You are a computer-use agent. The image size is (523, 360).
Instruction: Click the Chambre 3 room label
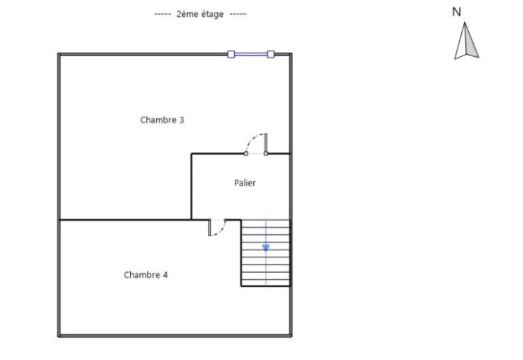(x=162, y=120)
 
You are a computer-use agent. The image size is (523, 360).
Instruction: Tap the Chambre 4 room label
(x=146, y=275)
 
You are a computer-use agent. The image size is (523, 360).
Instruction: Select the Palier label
(x=245, y=183)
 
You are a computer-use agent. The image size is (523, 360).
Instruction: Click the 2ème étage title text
(x=200, y=14)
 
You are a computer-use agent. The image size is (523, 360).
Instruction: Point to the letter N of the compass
(x=456, y=12)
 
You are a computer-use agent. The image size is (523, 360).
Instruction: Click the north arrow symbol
(x=466, y=41)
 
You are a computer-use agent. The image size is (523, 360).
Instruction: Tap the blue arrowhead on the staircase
(x=266, y=247)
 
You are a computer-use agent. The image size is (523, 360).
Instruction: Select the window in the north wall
(x=251, y=54)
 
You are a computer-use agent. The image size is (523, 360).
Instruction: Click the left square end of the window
(x=231, y=54)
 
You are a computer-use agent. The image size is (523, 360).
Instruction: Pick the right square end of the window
(x=271, y=54)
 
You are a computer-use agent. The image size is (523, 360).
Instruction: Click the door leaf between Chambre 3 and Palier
(x=266, y=143)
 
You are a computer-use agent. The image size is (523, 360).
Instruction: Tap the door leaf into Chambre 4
(x=209, y=228)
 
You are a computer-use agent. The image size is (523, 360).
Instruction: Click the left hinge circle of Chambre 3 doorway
(x=246, y=153)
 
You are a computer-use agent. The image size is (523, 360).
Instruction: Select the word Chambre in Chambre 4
(x=142, y=275)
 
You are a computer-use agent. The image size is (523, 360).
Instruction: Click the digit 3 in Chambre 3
(x=182, y=120)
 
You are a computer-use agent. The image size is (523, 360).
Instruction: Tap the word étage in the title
(x=209, y=15)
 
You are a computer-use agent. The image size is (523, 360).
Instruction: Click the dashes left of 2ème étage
(x=163, y=14)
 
